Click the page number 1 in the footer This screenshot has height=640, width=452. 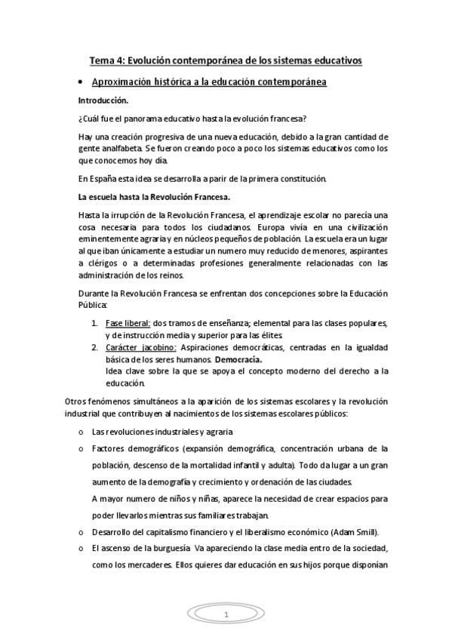(x=226, y=615)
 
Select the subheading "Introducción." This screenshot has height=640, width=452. (x=103, y=100)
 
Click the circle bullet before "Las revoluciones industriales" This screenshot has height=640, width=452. (x=81, y=432)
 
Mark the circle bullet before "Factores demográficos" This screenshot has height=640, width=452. (x=81, y=448)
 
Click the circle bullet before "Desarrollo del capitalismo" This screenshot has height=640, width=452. (x=81, y=532)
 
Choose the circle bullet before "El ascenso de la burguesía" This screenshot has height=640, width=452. (x=81, y=549)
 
